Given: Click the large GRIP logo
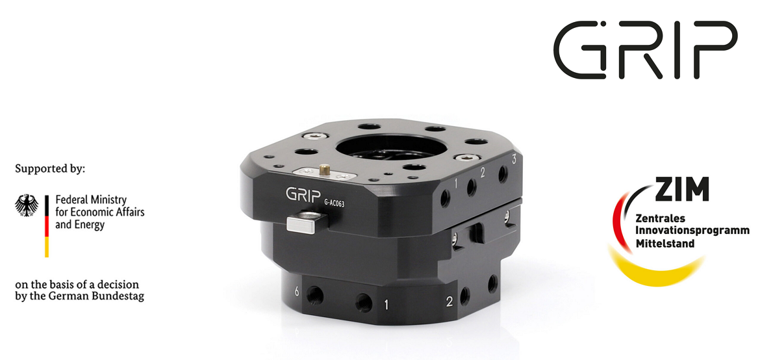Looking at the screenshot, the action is [645, 50].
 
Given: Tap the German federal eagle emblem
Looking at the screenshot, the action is [27, 206].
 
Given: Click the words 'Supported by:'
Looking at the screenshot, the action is [50, 170].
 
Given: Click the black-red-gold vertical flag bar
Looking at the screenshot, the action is [47, 226].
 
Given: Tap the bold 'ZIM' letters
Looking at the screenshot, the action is [682, 188].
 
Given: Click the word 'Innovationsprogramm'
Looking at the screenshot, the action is [692, 231].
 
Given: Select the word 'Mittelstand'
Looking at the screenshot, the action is [665, 243].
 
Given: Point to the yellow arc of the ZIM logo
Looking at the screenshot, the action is [654, 274].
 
